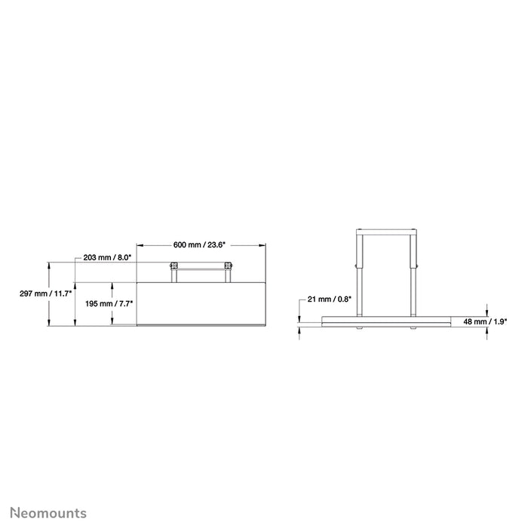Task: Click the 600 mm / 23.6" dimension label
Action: point(200,244)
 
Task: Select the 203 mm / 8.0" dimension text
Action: point(108,258)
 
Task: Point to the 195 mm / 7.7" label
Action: point(109,303)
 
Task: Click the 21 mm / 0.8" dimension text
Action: point(330,299)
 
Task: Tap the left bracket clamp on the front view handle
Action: point(174,266)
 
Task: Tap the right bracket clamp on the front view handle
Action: point(227,266)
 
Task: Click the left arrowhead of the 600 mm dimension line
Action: point(139,244)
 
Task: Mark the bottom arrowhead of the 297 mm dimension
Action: point(50,324)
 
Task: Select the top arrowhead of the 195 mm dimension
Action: point(112,285)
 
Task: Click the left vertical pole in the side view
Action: point(358,272)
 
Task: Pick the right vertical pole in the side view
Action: point(413,272)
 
